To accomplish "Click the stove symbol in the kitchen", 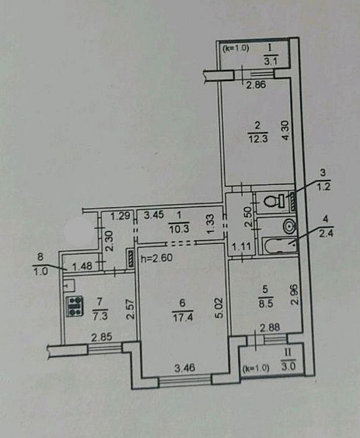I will click(74, 305).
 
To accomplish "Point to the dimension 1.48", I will click(82, 265).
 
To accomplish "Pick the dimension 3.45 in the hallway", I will click(154, 214).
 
